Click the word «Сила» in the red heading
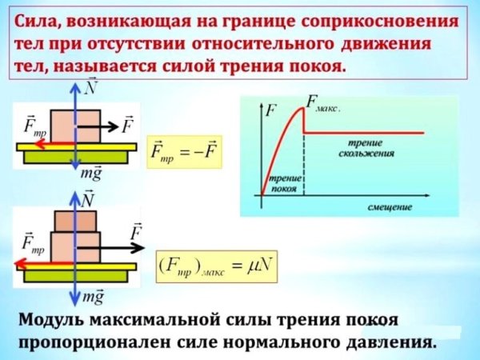[x=36, y=22]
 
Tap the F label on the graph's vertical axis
[x=271, y=110]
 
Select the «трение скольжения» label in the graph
[x=366, y=148]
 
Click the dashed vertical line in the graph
[x=304, y=166]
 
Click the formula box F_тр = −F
[x=184, y=152]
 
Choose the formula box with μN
[x=217, y=266]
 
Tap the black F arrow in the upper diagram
[x=98, y=126]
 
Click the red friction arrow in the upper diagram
[x=55, y=144]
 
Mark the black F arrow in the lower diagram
[x=110, y=247]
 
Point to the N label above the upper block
[x=90, y=87]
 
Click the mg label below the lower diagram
[x=93, y=297]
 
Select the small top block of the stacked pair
[x=75, y=221]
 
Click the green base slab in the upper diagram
[x=76, y=157]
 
